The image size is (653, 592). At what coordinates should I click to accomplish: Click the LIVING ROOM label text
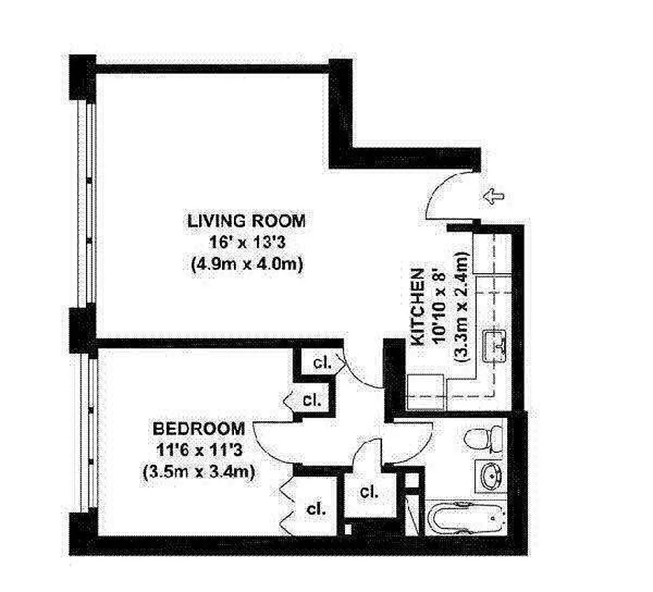click(x=246, y=221)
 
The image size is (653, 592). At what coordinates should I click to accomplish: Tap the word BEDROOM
click(x=198, y=428)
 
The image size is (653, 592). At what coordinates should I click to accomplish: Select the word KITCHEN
click(x=418, y=306)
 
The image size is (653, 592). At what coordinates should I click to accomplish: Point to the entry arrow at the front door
click(x=493, y=196)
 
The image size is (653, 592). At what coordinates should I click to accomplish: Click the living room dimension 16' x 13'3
click(x=246, y=242)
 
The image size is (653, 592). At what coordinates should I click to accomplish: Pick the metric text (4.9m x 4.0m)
click(x=246, y=263)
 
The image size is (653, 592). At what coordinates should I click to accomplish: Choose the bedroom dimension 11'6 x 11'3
click(x=198, y=451)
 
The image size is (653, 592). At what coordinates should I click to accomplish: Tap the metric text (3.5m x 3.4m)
click(x=198, y=472)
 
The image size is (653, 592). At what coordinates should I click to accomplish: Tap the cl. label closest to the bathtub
click(x=368, y=491)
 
